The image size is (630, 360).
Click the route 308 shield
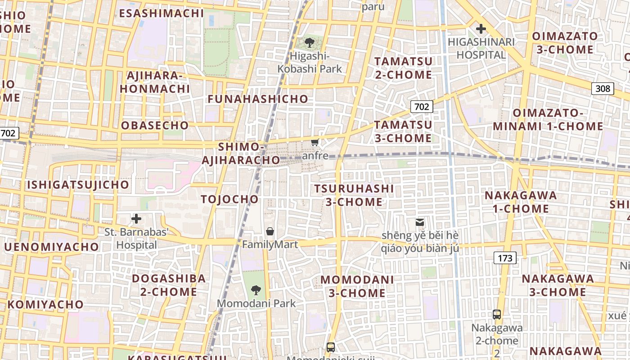coord(603,89)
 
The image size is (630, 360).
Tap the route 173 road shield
coord(505,258)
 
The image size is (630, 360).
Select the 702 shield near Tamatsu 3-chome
coord(422,107)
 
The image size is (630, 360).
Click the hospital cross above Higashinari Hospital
coord(481,29)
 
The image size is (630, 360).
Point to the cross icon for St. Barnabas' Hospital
coord(136,219)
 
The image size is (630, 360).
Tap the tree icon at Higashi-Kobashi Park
coord(309,43)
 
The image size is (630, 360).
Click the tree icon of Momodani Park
coord(256,290)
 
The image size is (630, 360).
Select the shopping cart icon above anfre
coord(315,143)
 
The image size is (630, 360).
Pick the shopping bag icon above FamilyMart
coord(270,231)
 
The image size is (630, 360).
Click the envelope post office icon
coord(419,222)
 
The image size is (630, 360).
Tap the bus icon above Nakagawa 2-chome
coord(497,315)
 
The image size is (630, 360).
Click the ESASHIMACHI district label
coord(162,13)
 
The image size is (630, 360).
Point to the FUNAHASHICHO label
coord(258,99)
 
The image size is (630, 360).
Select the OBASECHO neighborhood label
coord(155,125)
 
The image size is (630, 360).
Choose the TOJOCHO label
coord(230,199)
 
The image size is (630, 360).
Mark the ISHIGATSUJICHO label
coord(78,184)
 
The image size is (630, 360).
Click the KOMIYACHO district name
coord(45,304)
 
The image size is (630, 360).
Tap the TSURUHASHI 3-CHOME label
coord(354,195)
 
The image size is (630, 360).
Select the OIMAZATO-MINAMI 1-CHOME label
coord(548,119)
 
